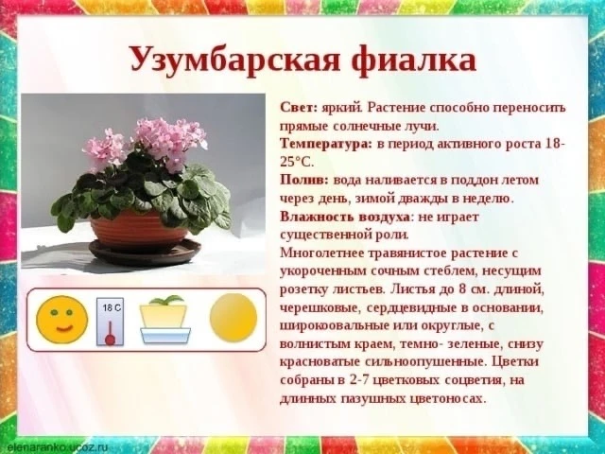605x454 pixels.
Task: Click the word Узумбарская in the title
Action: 235,60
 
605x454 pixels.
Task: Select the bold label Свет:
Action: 299,108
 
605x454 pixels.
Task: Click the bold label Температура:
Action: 326,144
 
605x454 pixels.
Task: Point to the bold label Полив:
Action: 304,180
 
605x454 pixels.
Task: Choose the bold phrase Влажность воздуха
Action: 345,217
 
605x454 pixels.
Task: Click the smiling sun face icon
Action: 62,320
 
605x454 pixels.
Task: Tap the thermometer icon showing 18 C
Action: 111,322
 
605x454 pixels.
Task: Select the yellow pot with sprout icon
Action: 165,320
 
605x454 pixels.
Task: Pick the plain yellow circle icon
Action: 233,318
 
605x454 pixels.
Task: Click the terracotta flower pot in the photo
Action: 139,230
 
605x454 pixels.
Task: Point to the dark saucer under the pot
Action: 145,252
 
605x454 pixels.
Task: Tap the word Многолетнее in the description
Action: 321,253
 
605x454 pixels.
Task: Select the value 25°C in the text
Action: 296,162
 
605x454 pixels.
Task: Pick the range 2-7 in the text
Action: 359,380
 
